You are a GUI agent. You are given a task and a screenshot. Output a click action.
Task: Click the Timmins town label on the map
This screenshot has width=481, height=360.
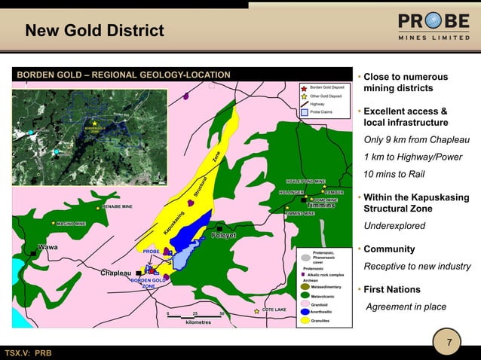(x=320, y=206)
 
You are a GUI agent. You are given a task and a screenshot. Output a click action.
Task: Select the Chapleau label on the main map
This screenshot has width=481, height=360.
(x=116, y=273)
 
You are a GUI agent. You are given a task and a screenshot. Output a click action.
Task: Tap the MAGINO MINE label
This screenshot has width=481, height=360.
(x=71, y=224)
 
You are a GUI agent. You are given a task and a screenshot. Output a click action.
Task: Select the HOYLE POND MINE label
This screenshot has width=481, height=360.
(x=305, y=182)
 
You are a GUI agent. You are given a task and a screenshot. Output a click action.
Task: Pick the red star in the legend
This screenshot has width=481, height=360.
(x=304, y=88)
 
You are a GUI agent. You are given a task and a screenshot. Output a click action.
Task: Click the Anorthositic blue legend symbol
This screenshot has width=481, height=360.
(x=304, y=311)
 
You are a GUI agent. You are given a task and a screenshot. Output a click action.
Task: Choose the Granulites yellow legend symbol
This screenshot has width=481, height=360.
(x=304, y=321)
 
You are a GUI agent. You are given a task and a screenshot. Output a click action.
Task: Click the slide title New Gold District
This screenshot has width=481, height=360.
(x=94, y=31)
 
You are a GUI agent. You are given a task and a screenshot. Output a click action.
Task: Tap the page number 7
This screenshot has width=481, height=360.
(x=449, y=344)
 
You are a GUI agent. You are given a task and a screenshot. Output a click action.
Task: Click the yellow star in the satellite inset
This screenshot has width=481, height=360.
(x=94, y=124)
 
